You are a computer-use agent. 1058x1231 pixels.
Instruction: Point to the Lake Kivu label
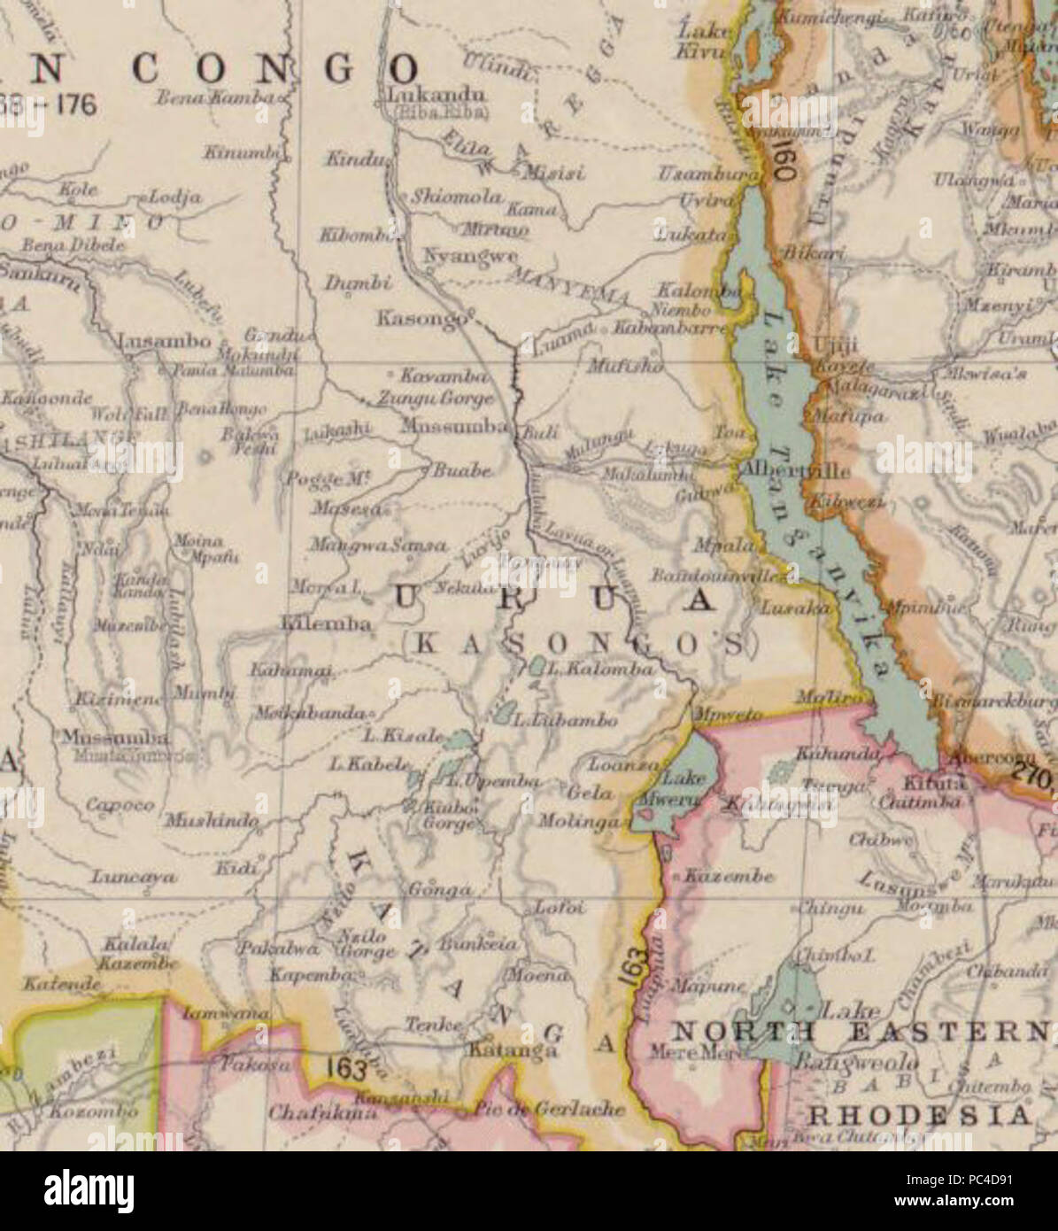click(x=704, y=41)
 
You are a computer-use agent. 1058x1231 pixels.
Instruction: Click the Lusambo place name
click(x=165, y=341)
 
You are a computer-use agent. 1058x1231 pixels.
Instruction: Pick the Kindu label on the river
click(x=355, y=160)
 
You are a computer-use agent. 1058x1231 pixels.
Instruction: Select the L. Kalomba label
click(x=600, y=669)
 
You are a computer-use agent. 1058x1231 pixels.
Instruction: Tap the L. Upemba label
click(x=492, y=781)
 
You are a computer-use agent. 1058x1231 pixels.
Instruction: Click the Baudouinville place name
click(x=718, y=576)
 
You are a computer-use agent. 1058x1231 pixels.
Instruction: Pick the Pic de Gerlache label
click(x=549, y=1108)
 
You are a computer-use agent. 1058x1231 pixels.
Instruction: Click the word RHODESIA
click(x=920, y=1113)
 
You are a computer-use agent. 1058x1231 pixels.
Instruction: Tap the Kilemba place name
click(x=326, y=623)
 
